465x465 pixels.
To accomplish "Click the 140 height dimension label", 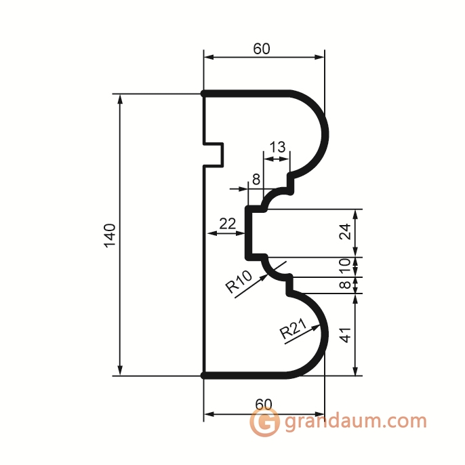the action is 110,235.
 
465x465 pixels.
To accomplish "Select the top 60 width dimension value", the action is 262,49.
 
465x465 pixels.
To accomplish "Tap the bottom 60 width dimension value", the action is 263,404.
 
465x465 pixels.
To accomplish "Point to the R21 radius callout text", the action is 294,329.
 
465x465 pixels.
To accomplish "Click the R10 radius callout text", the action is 239,281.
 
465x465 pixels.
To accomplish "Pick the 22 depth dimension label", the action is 228,223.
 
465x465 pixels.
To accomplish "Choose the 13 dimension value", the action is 278,147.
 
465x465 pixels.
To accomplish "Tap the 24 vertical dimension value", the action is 345,232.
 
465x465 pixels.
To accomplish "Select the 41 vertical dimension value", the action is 345,335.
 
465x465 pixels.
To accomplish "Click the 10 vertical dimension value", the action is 344,266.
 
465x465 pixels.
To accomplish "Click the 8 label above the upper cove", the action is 256,179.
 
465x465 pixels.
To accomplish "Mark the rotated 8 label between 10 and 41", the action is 344,285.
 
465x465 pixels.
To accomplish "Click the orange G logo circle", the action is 264,422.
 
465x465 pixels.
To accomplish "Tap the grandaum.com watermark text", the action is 355,421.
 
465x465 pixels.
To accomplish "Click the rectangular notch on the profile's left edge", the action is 214,155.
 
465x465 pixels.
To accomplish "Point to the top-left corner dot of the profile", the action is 203,94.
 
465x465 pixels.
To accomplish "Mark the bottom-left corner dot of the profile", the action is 203,376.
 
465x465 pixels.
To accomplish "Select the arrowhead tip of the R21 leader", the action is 320,325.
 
